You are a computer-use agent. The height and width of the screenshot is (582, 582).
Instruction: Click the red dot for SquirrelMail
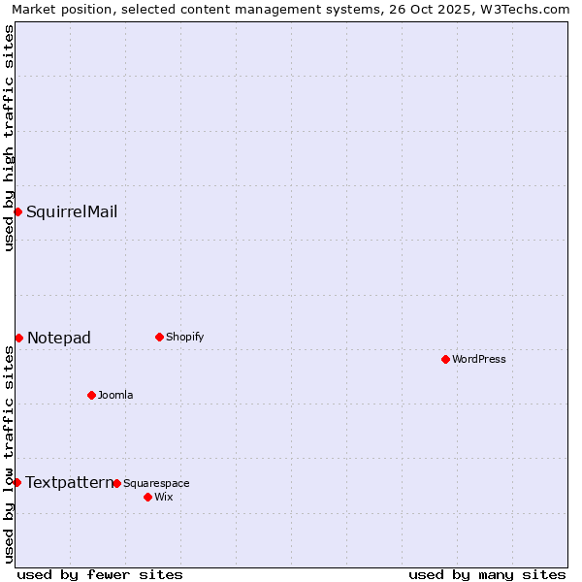(17, 211)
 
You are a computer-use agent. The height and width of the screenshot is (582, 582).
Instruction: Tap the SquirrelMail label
(72, 212)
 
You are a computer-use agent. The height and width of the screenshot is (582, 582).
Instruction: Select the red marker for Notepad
(18, 338)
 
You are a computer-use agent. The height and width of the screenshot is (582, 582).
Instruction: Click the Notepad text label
(59, 338)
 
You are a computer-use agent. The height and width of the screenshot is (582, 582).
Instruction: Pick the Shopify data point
(159, 337)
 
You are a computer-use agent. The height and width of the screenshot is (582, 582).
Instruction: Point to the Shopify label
(184, 337)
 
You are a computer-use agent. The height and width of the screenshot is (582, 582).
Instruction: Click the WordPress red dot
(445, 359)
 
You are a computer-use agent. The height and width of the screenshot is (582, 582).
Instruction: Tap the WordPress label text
(479, 359)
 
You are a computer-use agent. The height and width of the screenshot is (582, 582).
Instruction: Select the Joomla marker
(91, 395)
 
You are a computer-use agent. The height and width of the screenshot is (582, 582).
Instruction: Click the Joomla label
(115, 395)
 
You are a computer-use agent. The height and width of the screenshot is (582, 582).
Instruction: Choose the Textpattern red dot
(16, 482)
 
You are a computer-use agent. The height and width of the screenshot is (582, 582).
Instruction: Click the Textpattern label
(68, 482)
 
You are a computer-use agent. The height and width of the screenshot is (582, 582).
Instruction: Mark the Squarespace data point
(116, 483)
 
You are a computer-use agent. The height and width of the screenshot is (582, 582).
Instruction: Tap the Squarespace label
(156, 483)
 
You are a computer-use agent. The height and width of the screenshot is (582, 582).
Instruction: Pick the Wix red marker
(147, 497)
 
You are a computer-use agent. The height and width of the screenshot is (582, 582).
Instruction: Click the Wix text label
(163, 497)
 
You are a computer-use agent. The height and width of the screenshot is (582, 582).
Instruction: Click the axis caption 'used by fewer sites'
(100, 574)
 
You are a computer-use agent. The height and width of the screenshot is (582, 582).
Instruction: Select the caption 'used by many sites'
(487, 574)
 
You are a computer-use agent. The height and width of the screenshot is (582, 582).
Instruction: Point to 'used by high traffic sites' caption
(9, 138)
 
